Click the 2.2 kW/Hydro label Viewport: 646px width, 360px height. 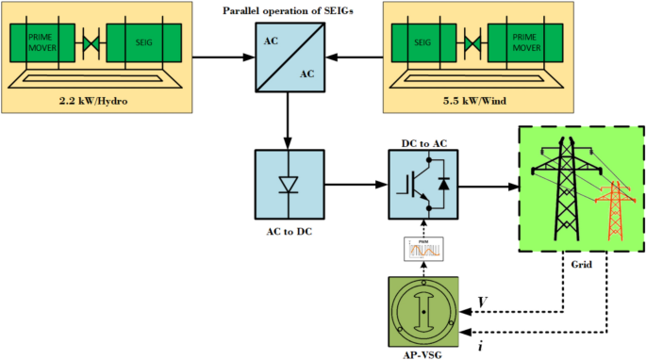[x=93, y=99]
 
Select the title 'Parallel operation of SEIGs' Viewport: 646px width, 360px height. [x=288, y=10]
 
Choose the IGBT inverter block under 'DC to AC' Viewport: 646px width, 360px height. [x=423, y=180]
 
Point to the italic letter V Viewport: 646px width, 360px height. [x=483, y=301]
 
